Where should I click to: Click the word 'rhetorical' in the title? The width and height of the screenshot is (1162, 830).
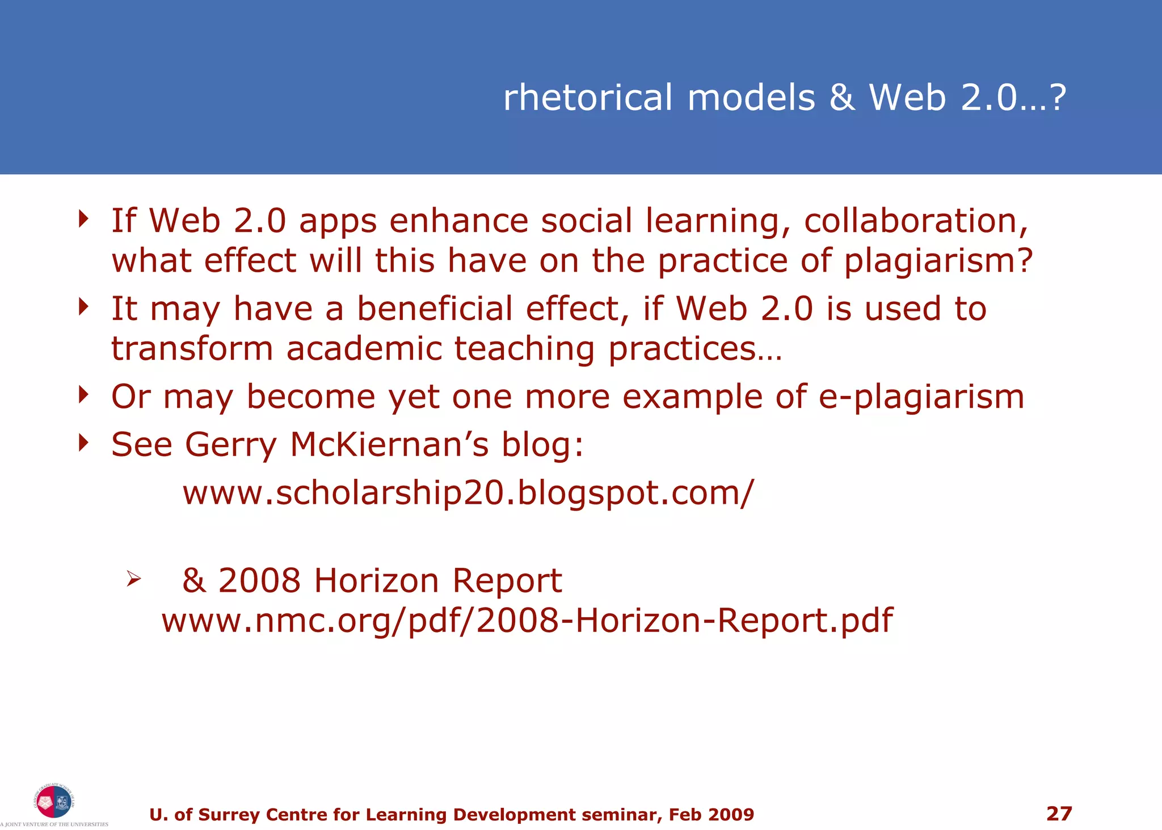click(x=588, y=98)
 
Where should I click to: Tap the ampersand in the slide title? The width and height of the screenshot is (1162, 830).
click(x=842, y=98)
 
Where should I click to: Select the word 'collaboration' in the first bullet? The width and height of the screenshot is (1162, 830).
click(x=915, y=221)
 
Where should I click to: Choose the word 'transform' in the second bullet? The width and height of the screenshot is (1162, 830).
click(x=192, y=348)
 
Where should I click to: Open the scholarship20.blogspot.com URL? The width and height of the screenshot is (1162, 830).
click(x=468, y=492)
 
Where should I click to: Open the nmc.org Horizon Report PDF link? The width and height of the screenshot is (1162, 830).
click(x=527, y=621)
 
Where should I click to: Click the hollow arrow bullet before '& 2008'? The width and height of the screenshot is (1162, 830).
click(x=134, y=579)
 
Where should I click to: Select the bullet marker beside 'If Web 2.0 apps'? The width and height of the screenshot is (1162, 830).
click(x=84, y=218)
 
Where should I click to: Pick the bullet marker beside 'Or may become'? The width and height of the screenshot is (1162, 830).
click(x=84, y=394)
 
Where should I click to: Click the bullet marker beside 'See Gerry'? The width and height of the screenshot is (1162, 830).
click(x=84, y=442)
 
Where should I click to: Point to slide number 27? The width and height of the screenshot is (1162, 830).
click(x=1059, y=814)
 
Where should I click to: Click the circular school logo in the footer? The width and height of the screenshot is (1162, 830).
click(x=53, y=802)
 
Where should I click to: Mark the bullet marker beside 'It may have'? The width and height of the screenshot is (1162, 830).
click(x=84, y=306)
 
